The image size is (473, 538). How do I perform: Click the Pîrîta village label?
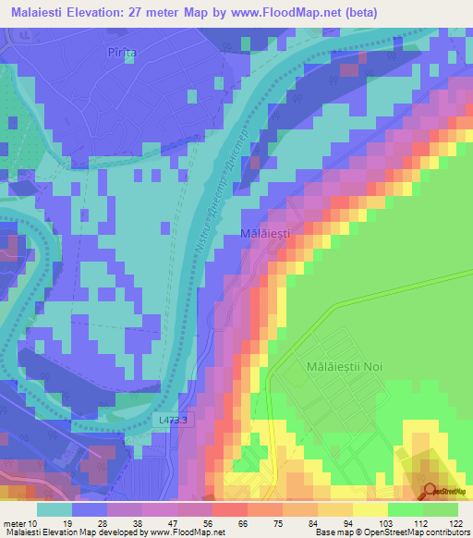coord(122,53)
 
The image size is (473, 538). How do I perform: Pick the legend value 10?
coord(33,521)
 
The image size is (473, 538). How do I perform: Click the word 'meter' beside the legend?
coord(13,521)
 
